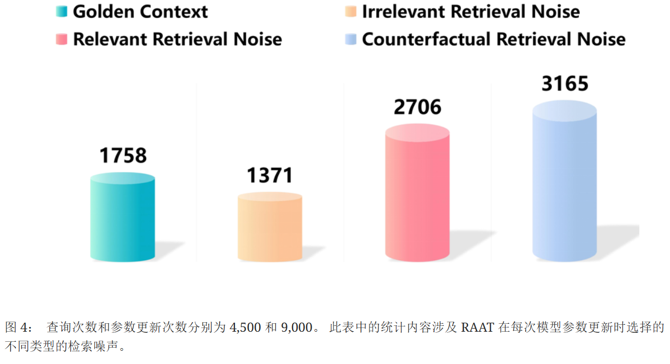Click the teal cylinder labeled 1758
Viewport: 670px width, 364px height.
tap(123, 220)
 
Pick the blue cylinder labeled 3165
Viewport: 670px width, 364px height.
tap(564, 185)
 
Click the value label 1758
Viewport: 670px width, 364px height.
tap(123, 156)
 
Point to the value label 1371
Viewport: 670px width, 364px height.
tap(270, 175)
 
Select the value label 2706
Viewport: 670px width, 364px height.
tap(417, 107)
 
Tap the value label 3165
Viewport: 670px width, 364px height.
tap(565, 84)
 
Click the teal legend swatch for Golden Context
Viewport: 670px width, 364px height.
tap(61, 12)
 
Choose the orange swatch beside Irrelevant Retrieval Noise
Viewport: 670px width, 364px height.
tap(350, 12)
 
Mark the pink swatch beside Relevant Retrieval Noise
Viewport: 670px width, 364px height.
tap(61, 39)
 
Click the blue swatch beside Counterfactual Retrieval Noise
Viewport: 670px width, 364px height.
tap(350, 39)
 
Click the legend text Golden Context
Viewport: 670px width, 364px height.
tap(140, 12)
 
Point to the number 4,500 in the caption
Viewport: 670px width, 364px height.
tap(245, 327)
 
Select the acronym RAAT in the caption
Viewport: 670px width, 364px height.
tap(478, 327)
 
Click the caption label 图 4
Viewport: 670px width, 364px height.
tap(18, 327)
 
